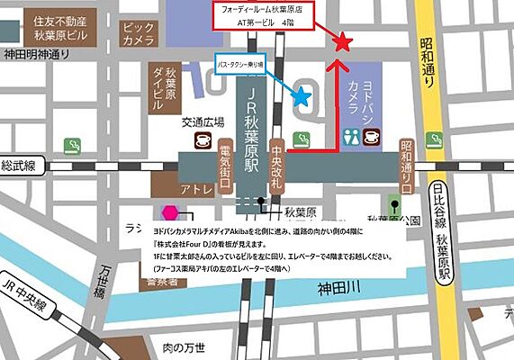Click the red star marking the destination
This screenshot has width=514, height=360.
tap(342, 41)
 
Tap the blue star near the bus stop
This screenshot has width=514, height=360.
tap(302, 94)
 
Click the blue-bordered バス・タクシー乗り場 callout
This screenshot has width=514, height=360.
tap(241, 65)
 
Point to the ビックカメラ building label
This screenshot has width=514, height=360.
tap(138, 33)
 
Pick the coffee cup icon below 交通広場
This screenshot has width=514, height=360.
tap(204, 141)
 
